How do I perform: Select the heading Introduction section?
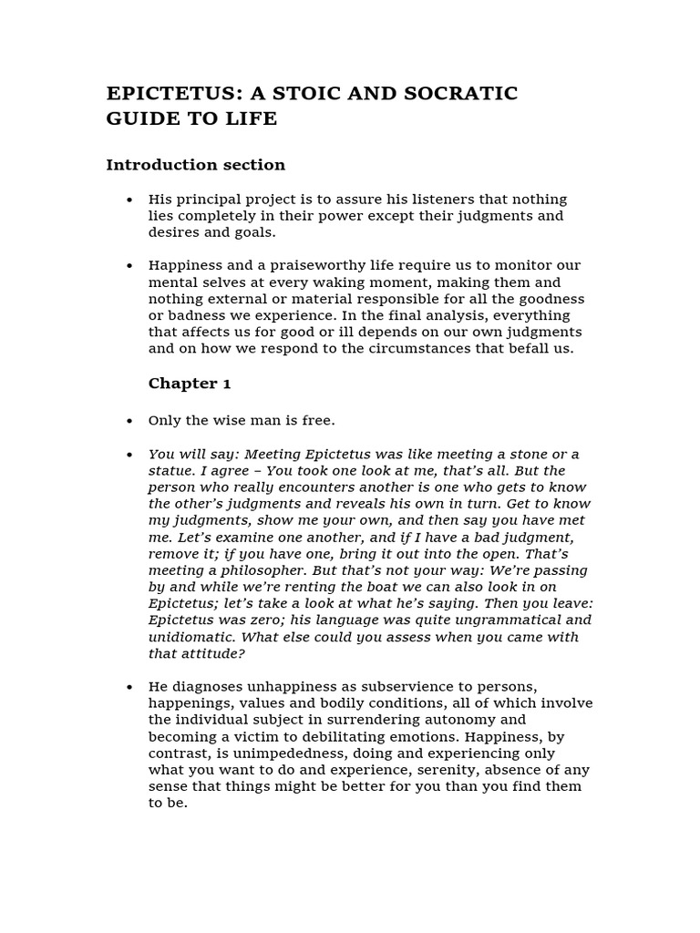195,165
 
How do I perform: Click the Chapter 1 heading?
190,384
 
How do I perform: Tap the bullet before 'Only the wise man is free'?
129,421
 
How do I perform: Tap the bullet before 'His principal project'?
129,200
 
